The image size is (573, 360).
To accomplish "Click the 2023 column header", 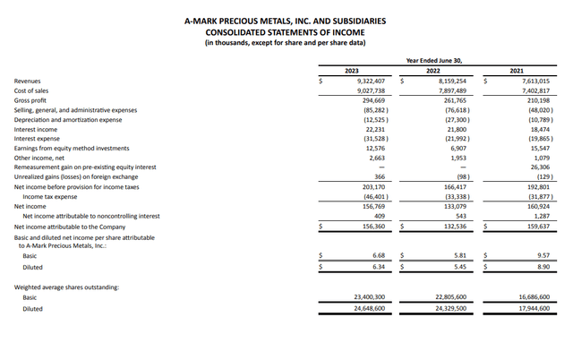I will click(x=352, y=70).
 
